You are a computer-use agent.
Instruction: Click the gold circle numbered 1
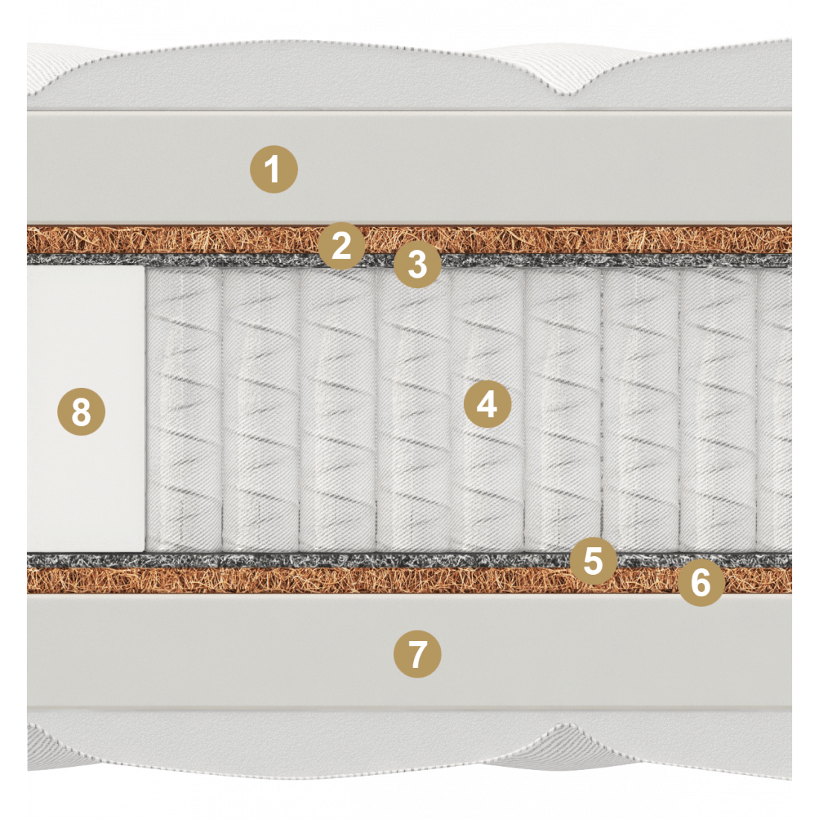(274, 169)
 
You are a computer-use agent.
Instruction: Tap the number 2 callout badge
(342, 246)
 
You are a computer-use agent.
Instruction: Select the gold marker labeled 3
(418, 264)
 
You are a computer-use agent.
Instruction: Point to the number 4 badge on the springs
(488, 404)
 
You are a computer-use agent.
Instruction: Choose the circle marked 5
(593, 561)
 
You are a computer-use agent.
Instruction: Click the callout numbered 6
(701, 582)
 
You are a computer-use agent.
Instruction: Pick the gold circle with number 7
(417, 654)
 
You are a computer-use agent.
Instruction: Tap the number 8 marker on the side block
(81, 412)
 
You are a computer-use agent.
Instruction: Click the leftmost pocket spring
(184, 409)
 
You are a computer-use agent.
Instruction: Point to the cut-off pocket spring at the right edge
(774, 409)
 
